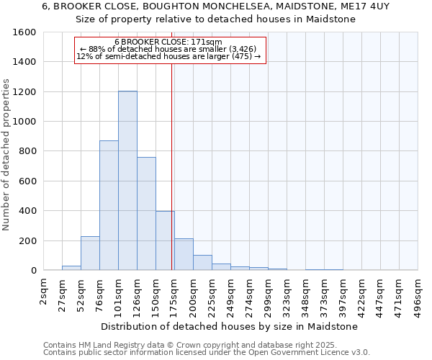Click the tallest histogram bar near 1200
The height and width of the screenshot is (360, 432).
[x=127, y=181]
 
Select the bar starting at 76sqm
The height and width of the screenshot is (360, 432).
[x=109, y=205]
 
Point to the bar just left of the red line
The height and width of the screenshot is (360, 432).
[x=164, y=240]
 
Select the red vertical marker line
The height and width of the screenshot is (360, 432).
[x=171, y=158]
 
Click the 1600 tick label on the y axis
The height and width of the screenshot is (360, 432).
[x=25, y=32]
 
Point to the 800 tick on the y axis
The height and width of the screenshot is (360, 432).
[x=28, y=151]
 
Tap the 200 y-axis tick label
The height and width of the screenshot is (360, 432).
[x=28, y=240]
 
